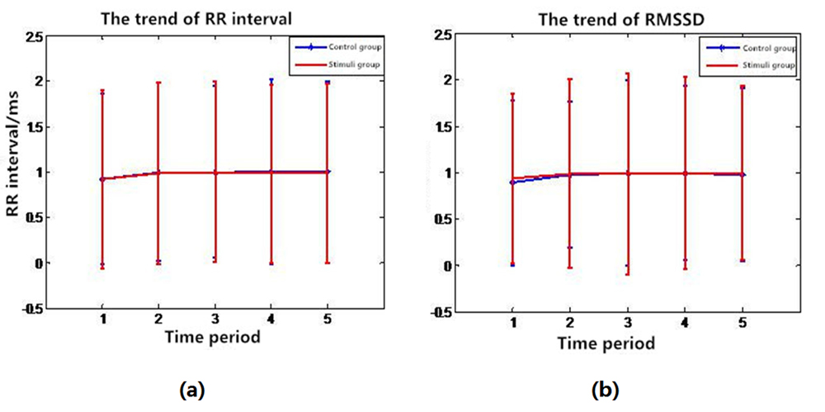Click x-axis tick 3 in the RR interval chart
click(215, 318)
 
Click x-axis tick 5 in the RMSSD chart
click(742, 324)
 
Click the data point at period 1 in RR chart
click(102, 179)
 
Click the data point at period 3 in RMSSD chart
click(627, 173)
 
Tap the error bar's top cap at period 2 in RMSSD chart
click(569, 80)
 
